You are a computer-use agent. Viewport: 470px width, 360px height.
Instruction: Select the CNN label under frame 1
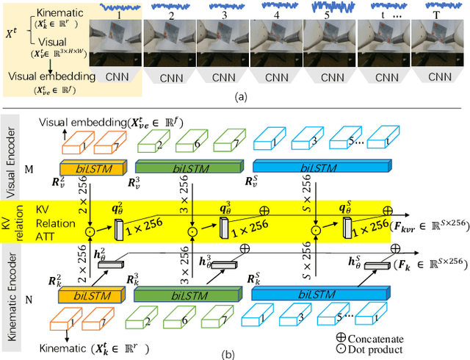tap(114, 76)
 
